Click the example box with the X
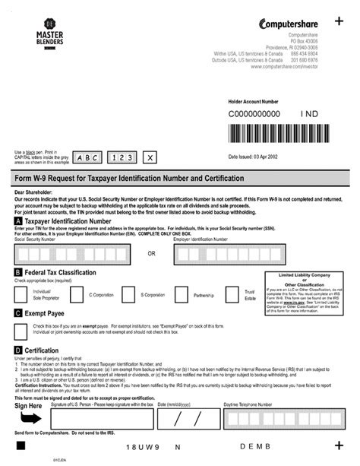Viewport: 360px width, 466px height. coord(150,157)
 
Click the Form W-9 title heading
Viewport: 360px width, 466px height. coord(129,178)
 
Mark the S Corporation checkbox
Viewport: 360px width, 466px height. coord(132,293)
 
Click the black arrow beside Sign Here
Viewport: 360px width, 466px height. coord(30,420)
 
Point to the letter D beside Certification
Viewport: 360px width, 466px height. coord(17,350)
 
